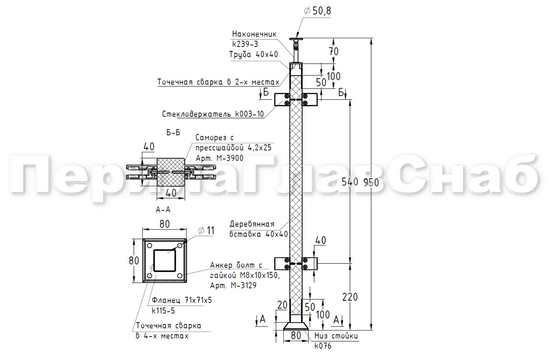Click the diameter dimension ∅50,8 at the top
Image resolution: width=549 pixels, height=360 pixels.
318,11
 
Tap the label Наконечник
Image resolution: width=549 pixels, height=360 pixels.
254,34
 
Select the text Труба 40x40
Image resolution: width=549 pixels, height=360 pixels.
254,54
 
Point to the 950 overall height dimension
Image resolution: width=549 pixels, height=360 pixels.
371,182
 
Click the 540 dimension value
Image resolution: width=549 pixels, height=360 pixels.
350,182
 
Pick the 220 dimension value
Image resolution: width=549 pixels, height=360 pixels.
350,297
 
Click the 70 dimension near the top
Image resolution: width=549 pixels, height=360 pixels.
334,51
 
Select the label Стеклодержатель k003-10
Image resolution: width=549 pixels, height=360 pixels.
213,114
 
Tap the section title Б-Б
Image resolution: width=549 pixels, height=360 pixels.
173,133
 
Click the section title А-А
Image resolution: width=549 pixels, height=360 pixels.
163,209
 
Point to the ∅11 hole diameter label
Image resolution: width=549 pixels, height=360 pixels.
206,230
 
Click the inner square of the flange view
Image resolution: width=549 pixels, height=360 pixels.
164,260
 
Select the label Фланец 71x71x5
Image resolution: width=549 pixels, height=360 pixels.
182,300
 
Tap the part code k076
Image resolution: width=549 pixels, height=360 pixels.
323,346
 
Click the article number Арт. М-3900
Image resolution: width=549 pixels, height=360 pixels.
219,158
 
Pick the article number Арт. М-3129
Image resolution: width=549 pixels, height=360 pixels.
233,285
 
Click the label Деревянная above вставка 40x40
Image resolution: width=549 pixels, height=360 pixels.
252,224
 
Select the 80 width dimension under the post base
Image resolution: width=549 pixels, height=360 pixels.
296,335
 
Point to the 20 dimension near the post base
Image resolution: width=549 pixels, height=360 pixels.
282,305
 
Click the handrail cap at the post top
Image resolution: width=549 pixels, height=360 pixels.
296,39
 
